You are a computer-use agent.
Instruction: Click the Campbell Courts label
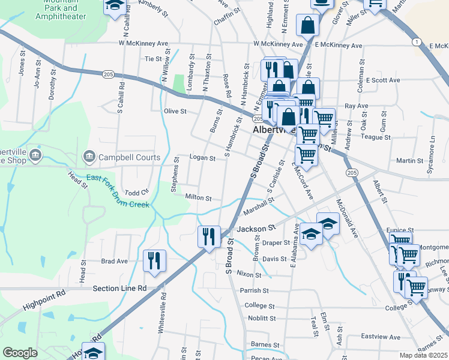tap(130, 158)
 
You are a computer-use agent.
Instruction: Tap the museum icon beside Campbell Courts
tap(91, 157)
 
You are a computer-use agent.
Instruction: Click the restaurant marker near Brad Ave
tap(155, 262)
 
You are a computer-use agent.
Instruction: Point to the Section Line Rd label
tap(120, 288)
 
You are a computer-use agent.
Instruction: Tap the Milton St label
tap(199, 197)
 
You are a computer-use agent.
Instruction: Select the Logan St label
tap(202, 158)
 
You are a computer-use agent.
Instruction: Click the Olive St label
tap(175, 111)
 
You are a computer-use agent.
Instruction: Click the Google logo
tap(20, 353)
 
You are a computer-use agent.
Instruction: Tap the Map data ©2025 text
tap(424, 356)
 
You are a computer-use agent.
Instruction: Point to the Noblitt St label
tap(260, 319)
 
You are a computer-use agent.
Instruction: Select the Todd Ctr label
tap(136, 193)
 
